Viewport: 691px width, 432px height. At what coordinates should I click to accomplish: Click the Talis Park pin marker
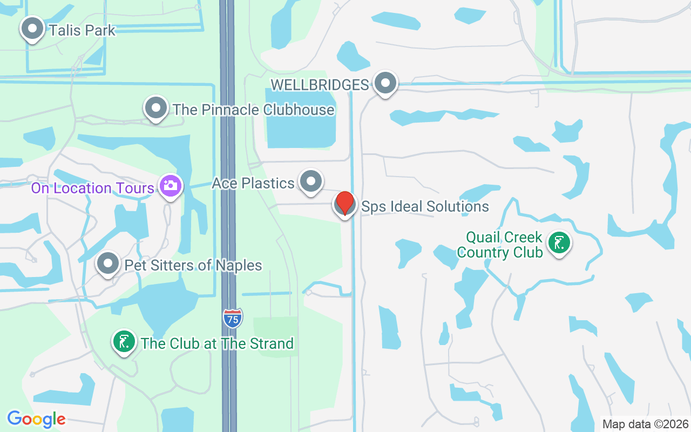(32, 28)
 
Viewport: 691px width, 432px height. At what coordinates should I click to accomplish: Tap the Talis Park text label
(82, 30)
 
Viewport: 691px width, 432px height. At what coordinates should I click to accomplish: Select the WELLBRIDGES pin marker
(385, 84)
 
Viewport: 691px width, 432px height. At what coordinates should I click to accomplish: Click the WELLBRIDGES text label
(320, 85)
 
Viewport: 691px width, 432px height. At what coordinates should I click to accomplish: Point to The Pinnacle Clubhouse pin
(156, 108)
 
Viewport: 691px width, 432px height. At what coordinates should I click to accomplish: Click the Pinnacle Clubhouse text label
(253, 110)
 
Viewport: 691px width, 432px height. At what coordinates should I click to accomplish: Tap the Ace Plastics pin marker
(310, 181)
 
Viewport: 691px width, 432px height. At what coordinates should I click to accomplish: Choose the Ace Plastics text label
(253, 183)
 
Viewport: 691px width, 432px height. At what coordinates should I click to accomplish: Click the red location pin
(344, 204)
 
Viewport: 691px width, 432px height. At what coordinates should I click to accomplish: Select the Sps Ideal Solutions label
(425, 206)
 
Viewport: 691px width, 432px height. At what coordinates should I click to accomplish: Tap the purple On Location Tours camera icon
(171, 186)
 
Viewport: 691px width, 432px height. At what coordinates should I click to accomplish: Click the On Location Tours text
(93, 188)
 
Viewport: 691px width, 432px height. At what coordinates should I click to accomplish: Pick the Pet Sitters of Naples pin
(108, 264)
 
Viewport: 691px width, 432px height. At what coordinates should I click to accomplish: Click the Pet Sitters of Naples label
(193, 265)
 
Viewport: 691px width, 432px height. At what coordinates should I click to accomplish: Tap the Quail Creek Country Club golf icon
(559, 243)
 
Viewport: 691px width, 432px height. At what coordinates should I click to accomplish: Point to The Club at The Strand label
(217, 343)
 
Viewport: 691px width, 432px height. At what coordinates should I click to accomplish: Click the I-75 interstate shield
(232, 318)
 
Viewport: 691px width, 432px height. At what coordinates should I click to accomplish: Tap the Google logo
(36, 418)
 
